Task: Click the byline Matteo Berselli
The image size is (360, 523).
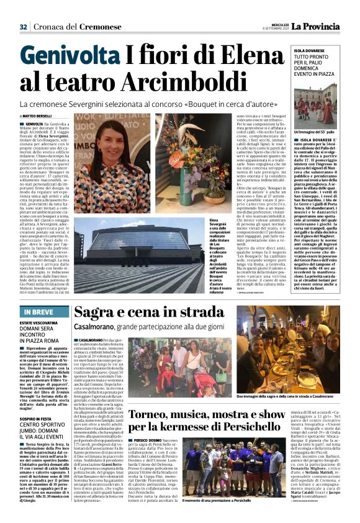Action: (37, 116)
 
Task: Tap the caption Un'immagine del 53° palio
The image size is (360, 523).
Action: (314, 132)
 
